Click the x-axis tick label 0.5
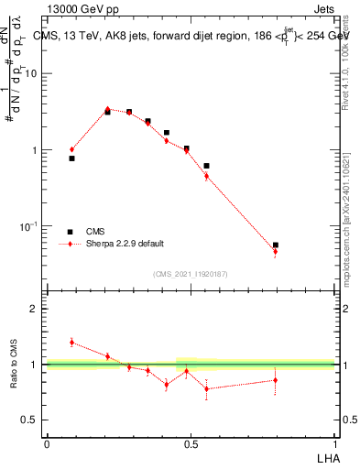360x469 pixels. click(x=191, y=443)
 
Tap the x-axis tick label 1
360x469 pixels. click(x=334, y=443)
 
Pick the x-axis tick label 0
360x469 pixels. click(x=47, y=443)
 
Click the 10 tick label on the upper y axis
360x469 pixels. click(x=32, y=74)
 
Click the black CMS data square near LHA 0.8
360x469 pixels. click(x=276, y=245)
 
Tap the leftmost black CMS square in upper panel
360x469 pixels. click(x=71, y=158)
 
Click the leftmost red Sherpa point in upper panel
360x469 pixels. click(x=71, y=149)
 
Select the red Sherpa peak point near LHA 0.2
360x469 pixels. click(x=107, y=109)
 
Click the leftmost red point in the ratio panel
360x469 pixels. click(x=71, y=342)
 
